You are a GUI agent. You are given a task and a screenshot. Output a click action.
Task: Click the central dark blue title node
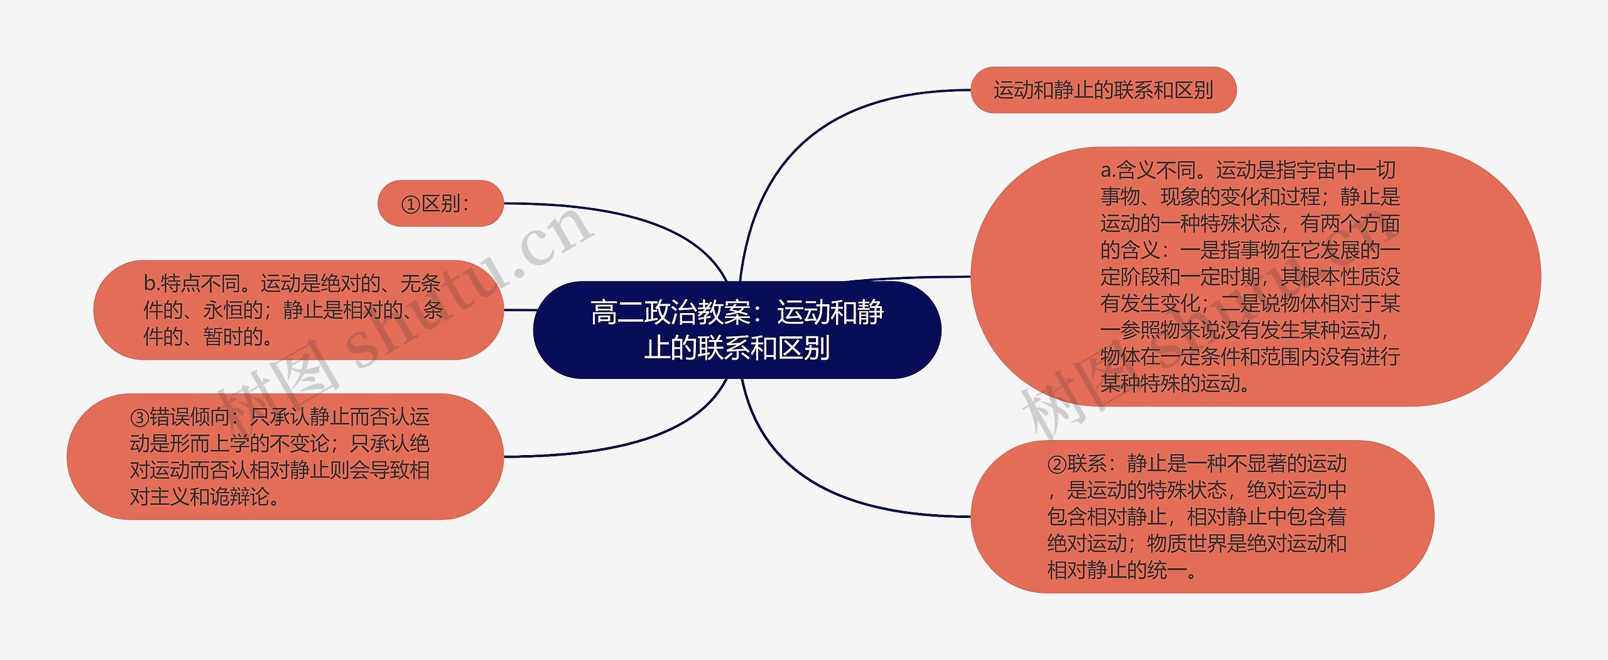point(736,330)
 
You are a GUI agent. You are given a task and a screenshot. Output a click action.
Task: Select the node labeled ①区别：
point(440,204)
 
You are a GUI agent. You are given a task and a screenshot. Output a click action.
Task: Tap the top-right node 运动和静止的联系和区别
point(1103,91)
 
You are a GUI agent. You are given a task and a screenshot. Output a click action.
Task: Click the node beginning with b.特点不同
point(298,310)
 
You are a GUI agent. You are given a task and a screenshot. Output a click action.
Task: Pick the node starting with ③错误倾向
point(285,457)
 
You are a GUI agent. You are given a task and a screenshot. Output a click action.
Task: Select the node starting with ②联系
point(1202,517)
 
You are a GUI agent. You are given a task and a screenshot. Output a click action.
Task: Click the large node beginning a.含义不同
point(1254,277)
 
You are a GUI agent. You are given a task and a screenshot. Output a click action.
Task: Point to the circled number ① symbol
point(410,204)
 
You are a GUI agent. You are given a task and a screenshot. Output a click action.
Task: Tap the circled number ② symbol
point(1056,465)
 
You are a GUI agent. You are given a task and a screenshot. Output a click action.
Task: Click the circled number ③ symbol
point(139,417)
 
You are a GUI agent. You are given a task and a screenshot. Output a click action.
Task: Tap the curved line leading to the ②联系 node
point(817,484)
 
